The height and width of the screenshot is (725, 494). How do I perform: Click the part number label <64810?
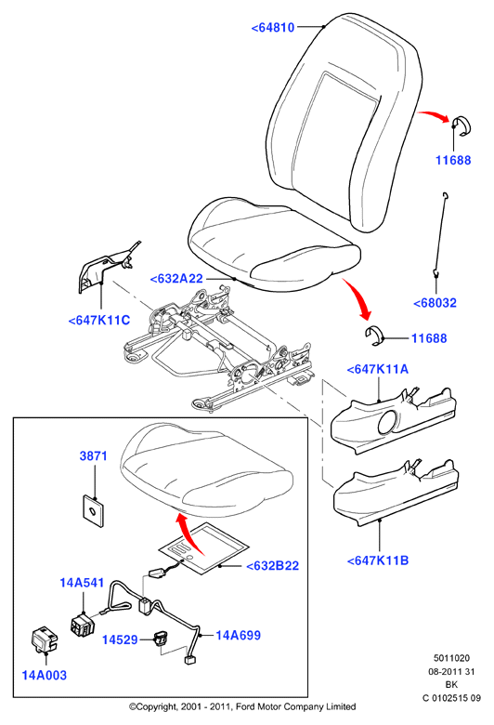pos(273,28)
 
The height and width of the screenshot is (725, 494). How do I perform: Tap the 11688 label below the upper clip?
pos(453,161)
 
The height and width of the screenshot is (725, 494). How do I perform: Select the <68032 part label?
pos(435,303)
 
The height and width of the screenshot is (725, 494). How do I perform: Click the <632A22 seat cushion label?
pos(176,279)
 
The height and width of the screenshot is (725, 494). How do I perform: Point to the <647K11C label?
pos(98,321)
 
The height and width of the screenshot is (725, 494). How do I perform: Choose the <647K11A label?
pos(378,369)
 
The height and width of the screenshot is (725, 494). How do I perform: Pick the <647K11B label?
pos(378,560)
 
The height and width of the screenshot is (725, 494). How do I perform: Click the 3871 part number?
pos(94,455)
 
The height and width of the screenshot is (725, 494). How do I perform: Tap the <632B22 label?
pos(273,566)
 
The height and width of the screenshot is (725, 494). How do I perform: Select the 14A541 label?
pos(82,583)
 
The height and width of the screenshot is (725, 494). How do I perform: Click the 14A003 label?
pos(45,676)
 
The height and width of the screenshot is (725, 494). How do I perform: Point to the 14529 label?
pos(120,639)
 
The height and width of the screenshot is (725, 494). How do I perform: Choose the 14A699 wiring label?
pos(238,636)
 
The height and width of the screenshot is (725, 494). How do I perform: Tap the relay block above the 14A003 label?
pos(44,639)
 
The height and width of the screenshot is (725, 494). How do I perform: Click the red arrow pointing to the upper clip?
pos(434,115)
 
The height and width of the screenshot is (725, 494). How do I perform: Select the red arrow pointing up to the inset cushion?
pos(189,534)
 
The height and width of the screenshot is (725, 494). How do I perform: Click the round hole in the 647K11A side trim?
pos(388,422)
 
